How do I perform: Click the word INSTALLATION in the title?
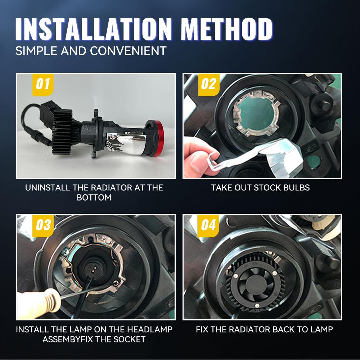(x=94, y=29)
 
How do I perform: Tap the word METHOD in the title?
(x=227, y=29)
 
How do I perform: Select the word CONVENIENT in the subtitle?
(x=128, y=51)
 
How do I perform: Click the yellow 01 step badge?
(x=43, y=84)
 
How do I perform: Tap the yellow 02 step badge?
(x=209, y=84)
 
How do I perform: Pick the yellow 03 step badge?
(x=43, y=225)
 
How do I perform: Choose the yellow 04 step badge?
(x=208, y=225)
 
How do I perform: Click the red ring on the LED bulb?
(x=158, y=138)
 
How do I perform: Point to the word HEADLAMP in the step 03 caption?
(x=150, y=329)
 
